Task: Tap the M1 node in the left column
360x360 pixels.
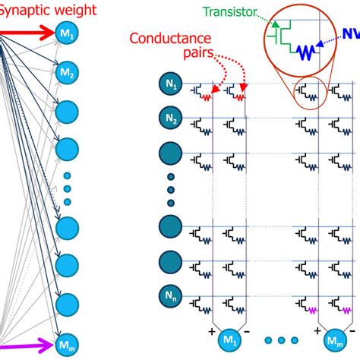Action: tap(67, 33)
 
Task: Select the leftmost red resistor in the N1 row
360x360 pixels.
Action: tap(207, 96)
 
